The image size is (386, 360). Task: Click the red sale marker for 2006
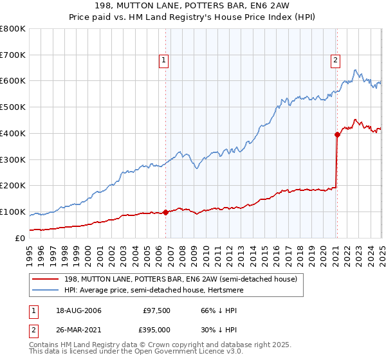(x=166, y=212)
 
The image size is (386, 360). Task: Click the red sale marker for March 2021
(x=336, y=134)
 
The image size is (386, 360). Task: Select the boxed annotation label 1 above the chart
(x=165, y=61)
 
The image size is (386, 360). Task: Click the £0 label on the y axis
(x=20, y=238)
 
